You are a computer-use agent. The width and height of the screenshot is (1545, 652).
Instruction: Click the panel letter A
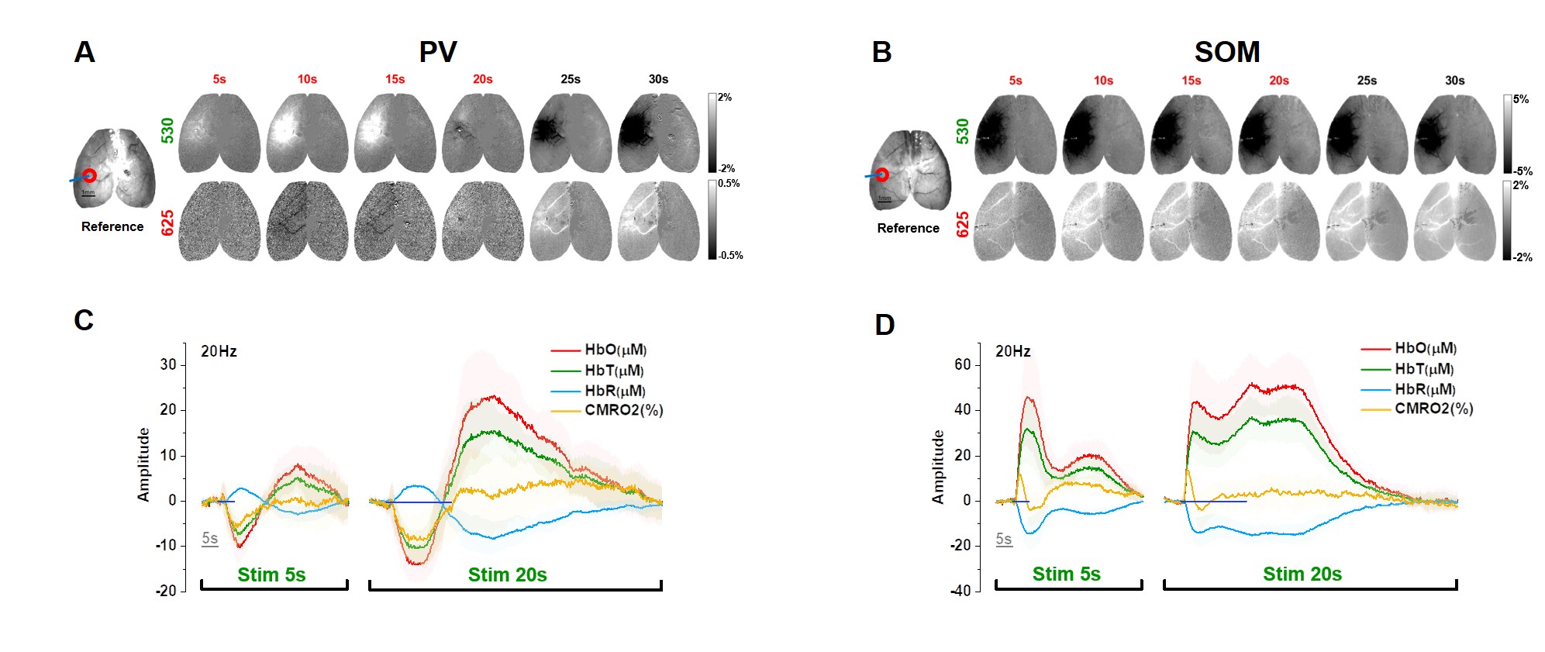(84, 53)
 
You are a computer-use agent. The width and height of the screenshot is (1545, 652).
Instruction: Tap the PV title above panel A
(438, 53)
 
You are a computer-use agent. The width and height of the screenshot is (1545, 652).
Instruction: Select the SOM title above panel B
(1226, 53)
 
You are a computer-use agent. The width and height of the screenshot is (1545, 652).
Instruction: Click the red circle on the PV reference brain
(89, 176)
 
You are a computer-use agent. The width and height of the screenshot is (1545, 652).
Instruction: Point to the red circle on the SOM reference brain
(882, 174)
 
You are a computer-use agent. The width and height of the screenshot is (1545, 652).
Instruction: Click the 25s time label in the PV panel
(571, 79)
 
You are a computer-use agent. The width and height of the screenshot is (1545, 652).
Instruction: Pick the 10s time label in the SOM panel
(1103, 81)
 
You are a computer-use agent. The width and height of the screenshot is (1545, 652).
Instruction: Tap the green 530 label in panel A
(167, 130)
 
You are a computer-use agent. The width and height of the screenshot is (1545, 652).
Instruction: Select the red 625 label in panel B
(963, 224)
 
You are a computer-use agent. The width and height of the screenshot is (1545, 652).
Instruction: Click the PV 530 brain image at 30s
(658, 133)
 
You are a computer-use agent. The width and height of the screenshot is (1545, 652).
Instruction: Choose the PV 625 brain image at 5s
(219, 222)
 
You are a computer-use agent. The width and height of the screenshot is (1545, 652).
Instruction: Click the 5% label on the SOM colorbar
(1521, 99)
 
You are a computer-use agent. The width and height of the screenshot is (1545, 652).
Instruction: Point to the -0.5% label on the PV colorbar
(730, 255)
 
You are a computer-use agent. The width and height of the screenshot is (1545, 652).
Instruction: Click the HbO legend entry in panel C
(616, 350)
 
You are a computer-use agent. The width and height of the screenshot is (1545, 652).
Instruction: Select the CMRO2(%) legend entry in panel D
(1433, 409)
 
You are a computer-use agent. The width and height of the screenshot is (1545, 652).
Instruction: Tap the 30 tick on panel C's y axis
(168, 364)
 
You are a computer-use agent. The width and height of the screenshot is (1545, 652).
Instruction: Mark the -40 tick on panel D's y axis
(961, 591)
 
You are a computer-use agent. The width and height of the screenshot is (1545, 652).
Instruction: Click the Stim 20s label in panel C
(507, 574)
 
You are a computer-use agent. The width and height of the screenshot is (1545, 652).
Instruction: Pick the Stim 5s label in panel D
(1066, 574)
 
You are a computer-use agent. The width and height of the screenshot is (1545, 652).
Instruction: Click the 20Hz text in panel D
(1012, 351)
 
